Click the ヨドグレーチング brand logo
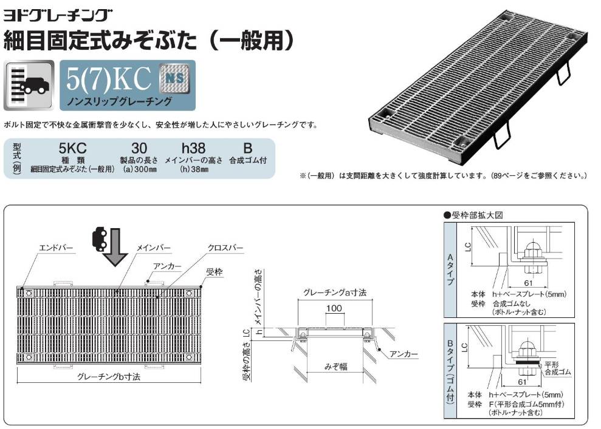(x=58, y=15)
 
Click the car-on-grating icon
(x=29, y=86)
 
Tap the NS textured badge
(x=174, y=78)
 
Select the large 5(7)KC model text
(x=109, y=78)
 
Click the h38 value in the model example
(x=194, y=148)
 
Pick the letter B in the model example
(x=247, y=148)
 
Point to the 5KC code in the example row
(x=72, y=148)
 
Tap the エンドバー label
(x=56, y=248)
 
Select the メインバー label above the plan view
(x=154, y=248)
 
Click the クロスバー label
(x=226, y=248)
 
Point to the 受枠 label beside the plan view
(x=215, y=272)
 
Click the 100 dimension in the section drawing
(x=334, y=308)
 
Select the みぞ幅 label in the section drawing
(x=336, y=367)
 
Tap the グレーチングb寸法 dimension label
(x=109, y=377)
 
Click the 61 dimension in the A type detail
(x=529, y=283)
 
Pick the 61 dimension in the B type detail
(x=523, y=382)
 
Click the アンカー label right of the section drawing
(x=404, y=354)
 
